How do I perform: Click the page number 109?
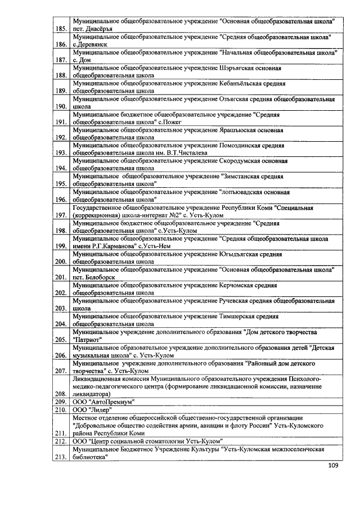(x=334, y=466)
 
